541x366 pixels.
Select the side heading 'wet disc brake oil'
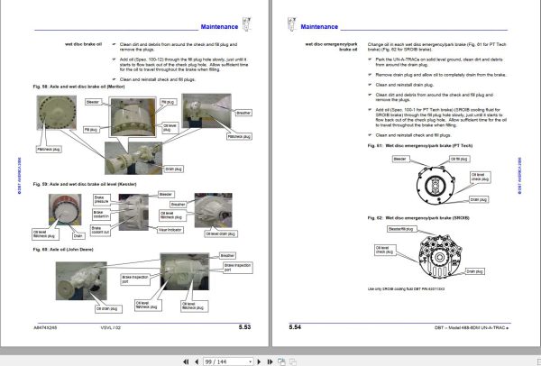pyautogui.click(x=82, y=43)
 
